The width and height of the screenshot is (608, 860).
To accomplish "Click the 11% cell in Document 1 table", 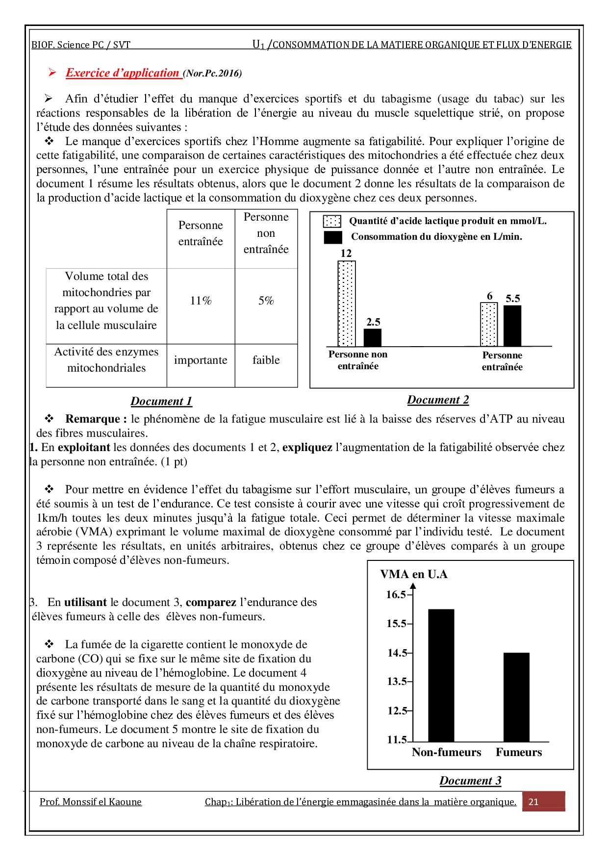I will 201,301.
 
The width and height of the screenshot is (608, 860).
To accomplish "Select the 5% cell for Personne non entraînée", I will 266,301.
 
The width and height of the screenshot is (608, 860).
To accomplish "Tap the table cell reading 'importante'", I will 201,360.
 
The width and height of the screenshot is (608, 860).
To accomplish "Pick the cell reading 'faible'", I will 266,360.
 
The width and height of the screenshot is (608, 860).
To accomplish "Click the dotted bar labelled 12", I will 347,304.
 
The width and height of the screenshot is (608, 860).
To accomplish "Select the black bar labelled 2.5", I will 372,337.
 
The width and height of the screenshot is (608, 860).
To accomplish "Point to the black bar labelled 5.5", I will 512,326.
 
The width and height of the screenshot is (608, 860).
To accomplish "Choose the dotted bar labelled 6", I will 489,325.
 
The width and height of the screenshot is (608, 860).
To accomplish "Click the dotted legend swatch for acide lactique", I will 332,222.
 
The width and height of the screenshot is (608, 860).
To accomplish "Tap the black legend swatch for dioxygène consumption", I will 333,237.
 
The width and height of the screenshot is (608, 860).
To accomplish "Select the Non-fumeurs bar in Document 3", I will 441,675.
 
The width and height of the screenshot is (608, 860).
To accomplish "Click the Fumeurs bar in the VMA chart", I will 516,697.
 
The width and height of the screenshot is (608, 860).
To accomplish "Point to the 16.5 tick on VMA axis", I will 396,595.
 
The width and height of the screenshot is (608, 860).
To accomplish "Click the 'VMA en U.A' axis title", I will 414,574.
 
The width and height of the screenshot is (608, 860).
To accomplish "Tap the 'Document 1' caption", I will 161,401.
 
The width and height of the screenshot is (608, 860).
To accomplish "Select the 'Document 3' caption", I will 470,781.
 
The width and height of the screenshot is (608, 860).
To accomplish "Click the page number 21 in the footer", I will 533,802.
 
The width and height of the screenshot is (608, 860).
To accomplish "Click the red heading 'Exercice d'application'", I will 123,73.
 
